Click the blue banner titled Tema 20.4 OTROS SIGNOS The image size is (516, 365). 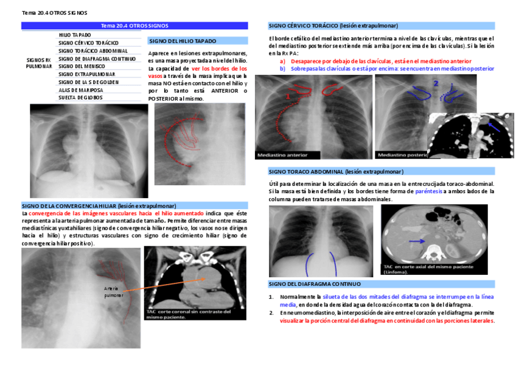point(134,26)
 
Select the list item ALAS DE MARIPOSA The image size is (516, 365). point(81,90)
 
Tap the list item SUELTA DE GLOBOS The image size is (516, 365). point(81,97)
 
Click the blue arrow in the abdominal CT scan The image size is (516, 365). point(417,241)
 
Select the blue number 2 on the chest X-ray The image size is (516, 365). point(435,82)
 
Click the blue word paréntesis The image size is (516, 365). point(428,191)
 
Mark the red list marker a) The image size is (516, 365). point(282,62)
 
